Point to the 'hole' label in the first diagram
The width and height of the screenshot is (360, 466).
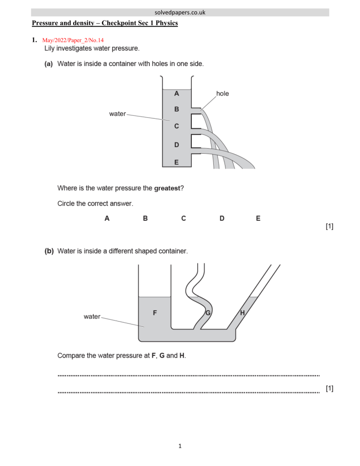point(223,94)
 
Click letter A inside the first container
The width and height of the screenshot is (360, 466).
point(176,93)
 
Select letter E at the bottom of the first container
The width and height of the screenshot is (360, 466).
point(176,162)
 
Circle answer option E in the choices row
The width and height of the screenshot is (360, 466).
point(258,218)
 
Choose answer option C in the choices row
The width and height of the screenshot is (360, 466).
point(183,218)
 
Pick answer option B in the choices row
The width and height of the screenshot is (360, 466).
point(145,218)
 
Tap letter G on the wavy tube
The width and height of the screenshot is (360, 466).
point(207,313)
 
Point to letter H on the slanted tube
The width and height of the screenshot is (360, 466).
point(242,313)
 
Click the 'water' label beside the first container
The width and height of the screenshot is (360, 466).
point(117,113)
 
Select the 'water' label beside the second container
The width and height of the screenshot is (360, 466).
point(92,316)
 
